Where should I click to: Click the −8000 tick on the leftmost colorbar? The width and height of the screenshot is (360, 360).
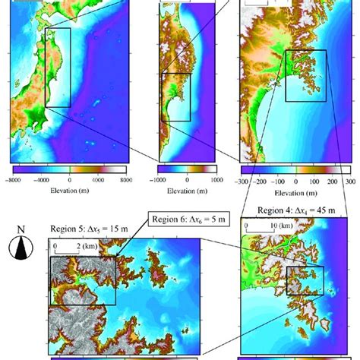14,180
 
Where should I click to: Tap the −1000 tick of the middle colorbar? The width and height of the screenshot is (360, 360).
159,180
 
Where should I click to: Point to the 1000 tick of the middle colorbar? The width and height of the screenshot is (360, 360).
216,180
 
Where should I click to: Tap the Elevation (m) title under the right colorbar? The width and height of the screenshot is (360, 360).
297,194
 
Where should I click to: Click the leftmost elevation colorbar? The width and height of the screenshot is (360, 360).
68,170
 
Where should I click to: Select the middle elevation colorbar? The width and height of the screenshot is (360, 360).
187,169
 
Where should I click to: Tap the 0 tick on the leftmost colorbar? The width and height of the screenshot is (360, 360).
69,180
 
